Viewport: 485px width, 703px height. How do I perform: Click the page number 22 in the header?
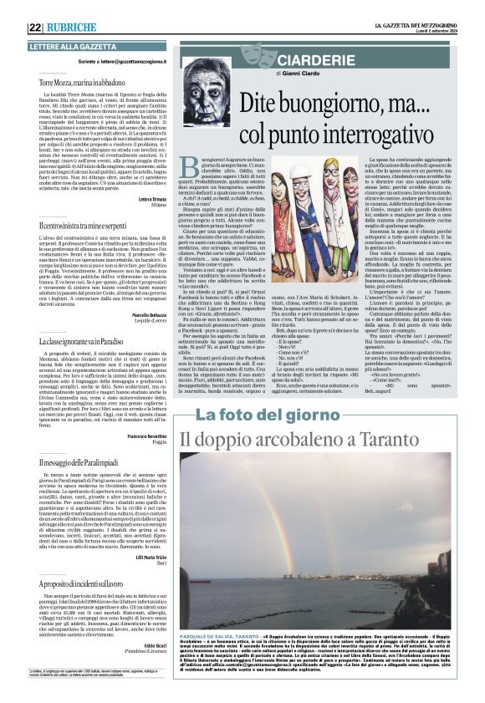pyautogui.click(x=35, y=27)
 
